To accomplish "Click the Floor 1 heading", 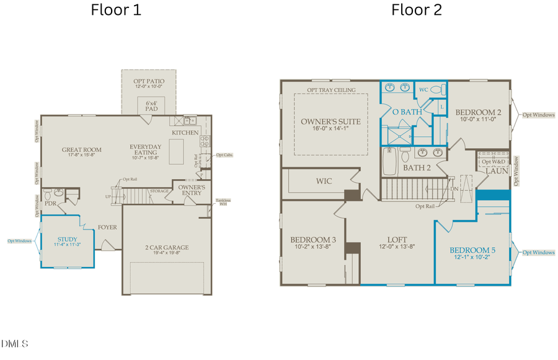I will point(116,11).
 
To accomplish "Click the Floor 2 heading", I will point(415,11).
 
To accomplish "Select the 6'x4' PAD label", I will point(148,105).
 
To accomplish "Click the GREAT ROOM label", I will point(81,149).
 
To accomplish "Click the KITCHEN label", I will point(185,133).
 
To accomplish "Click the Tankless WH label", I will point(222,203).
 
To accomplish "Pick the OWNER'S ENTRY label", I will point(192,190).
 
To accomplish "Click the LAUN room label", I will point(496,171).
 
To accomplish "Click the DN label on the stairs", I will point(454,189).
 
